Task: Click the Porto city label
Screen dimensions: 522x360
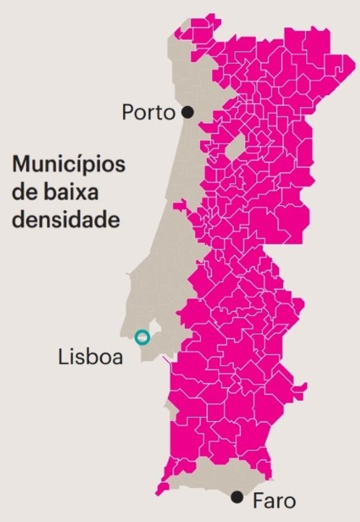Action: (148, 112)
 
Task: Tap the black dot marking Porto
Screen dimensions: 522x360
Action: (188, 112)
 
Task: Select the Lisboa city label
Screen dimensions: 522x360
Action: (91, 357)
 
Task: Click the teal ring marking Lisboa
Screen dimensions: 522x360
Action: (142, 337)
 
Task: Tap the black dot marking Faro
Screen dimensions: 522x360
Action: (236, 497)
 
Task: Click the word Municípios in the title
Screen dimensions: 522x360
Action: (68, 165)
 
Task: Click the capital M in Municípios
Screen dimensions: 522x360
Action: (22, 163)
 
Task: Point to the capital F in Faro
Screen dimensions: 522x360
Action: (258, 500)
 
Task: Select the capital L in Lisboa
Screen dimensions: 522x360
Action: (63, 357)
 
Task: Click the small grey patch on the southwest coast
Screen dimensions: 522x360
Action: (172, 420)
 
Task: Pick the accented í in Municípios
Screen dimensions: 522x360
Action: (81, 163)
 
